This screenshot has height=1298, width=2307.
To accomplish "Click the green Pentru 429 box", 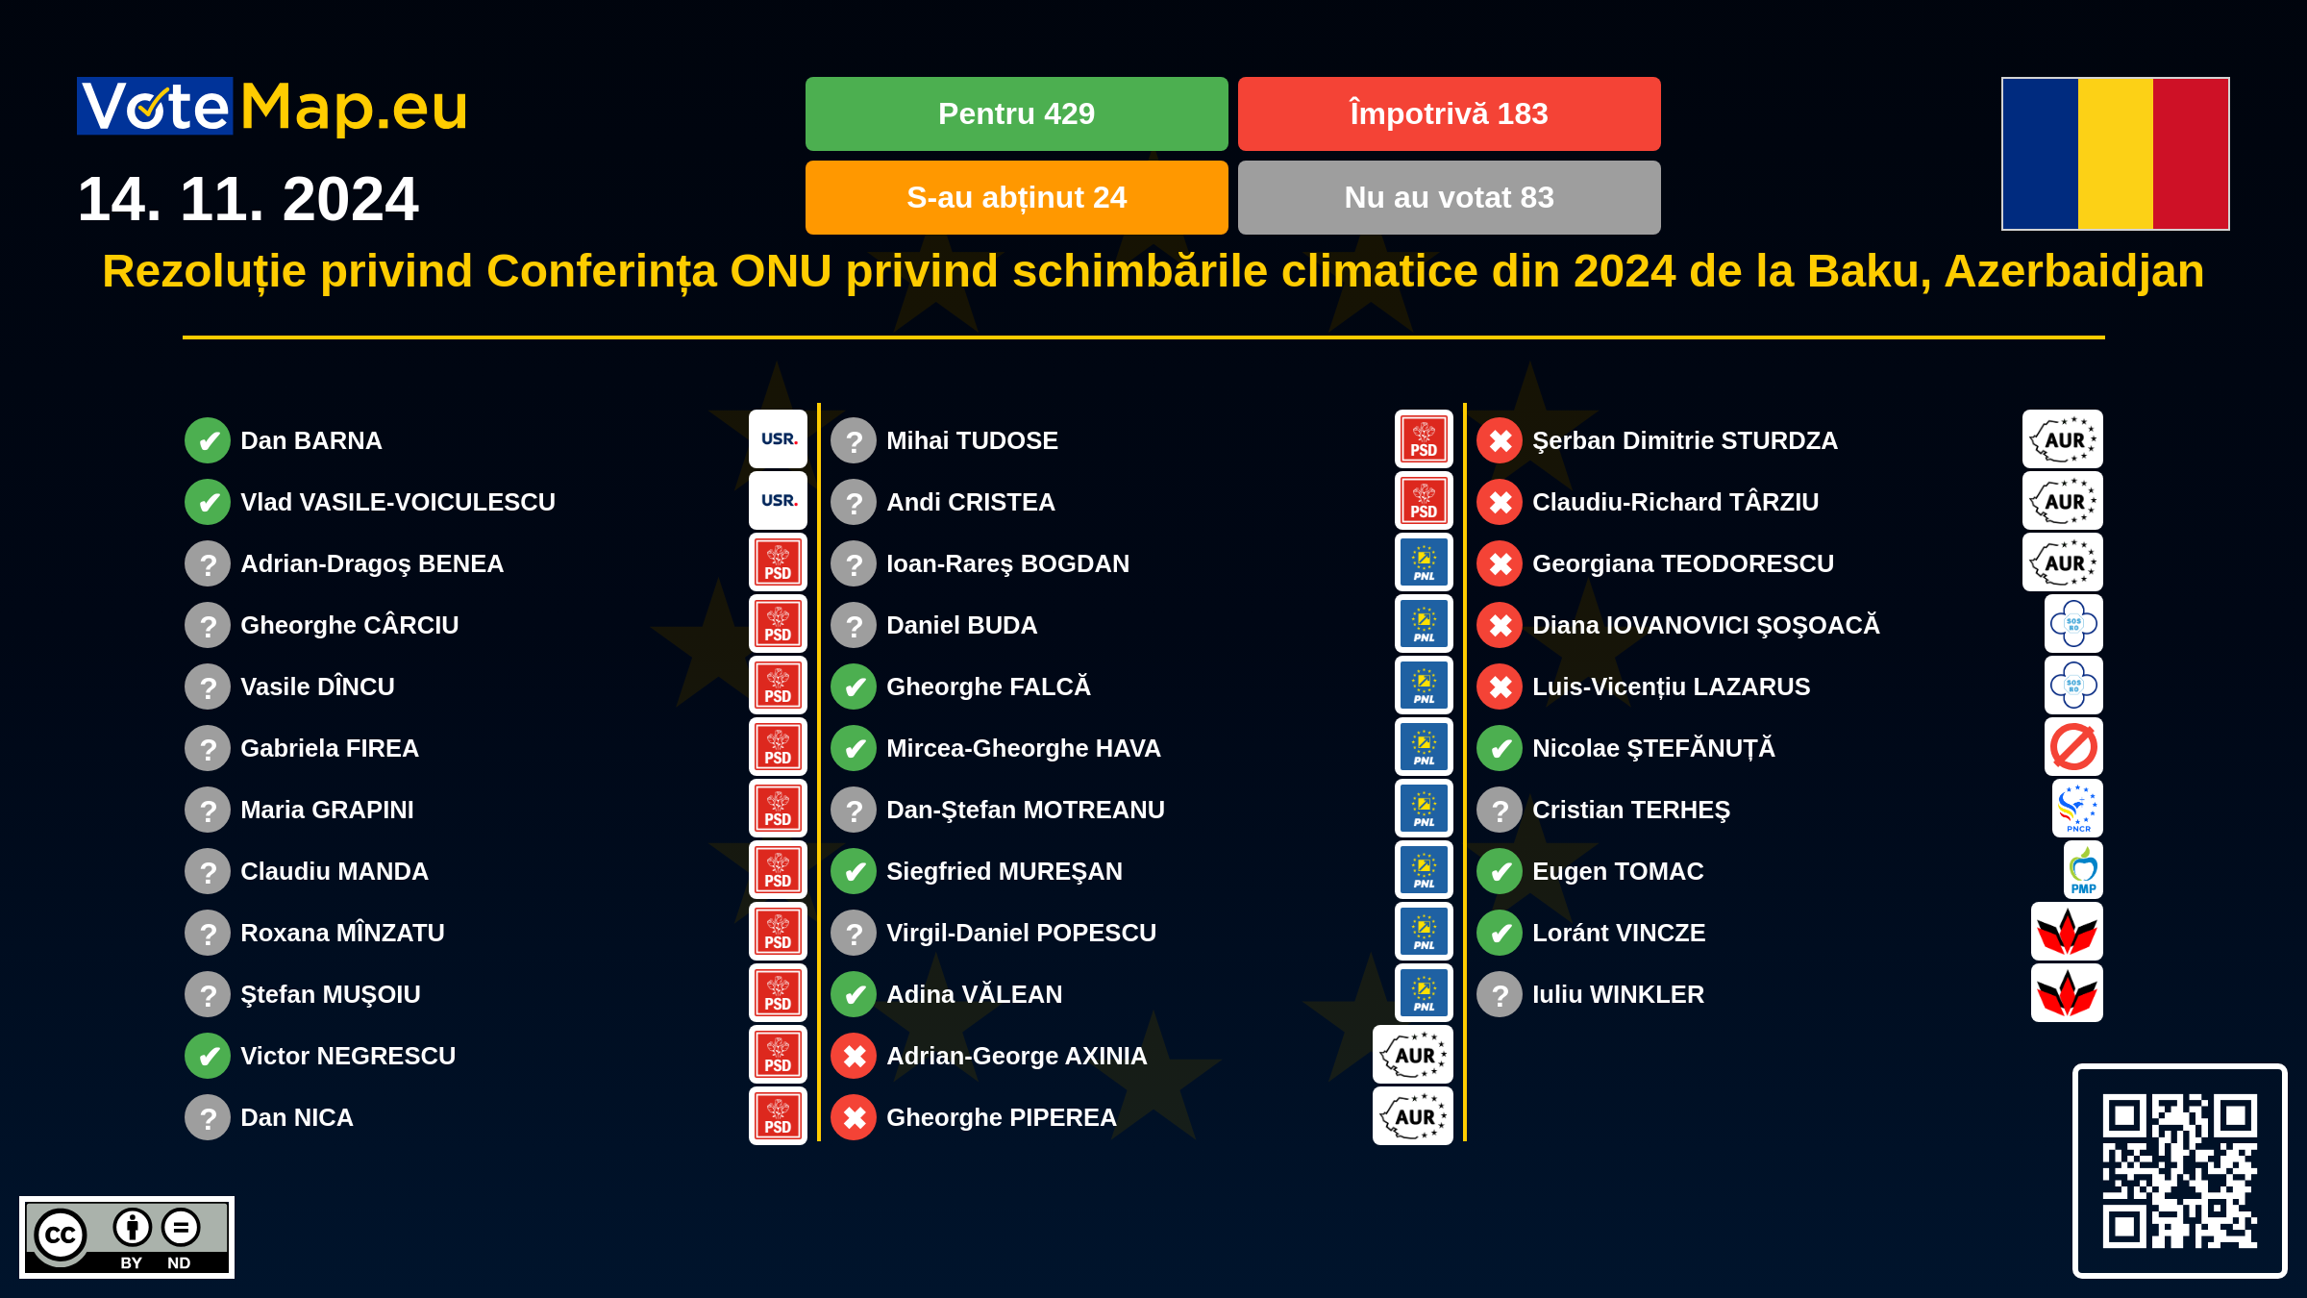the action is tap(1016, 113).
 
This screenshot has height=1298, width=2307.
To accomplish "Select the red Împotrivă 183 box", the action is tap(1449, 113).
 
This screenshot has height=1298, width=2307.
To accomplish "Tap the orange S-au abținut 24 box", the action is tap(1016, 197).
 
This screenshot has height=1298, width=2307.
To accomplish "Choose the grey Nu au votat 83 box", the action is tap(1449, 197).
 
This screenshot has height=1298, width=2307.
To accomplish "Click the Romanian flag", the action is tap(2115, 154).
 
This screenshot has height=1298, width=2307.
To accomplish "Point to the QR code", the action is tap(2179, 1171).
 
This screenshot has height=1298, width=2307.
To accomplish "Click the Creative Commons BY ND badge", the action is tap(127, 1237).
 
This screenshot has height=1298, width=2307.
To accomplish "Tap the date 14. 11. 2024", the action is tap(248, 199).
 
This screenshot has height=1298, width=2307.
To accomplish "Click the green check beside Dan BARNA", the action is tap(208, 440).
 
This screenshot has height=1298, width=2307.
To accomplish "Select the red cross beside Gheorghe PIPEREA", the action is tap(854, 1117).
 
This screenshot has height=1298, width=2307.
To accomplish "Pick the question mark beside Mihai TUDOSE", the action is tap(854, 440).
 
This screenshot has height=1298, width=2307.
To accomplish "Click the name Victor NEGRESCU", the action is tap(348, 1056).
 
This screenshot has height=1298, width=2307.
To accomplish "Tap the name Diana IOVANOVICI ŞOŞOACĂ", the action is tap(1705, 625).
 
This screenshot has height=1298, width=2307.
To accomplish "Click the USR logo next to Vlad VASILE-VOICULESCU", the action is tap(779, 500).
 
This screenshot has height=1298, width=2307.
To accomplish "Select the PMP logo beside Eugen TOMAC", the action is tap(2083, 870).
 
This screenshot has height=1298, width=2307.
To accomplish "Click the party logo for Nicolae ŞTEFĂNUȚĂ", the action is tap(2073, 747).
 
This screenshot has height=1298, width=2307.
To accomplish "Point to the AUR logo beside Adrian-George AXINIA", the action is tap(1412, 1055).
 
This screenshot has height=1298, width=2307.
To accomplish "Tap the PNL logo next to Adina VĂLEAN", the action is tap(1424, 993).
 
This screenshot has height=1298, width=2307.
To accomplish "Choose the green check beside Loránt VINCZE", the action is tap(1500, 933).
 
